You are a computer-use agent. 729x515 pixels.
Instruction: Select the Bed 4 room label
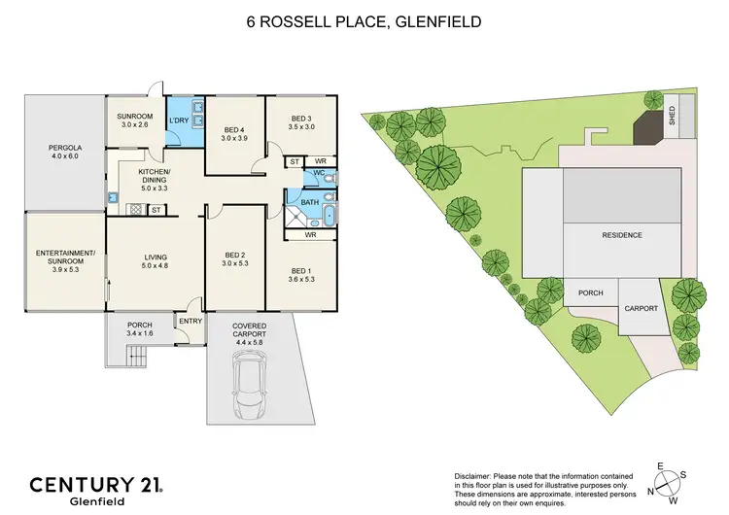(235, 134)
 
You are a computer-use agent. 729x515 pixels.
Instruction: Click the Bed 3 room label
(301, 120)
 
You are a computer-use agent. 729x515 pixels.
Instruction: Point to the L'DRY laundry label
(179, 121)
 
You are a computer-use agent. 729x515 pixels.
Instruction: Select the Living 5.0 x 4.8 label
(155, 259)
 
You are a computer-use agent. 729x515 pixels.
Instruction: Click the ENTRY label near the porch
(189, 320)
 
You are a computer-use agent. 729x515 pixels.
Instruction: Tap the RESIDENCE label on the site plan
(621, 235)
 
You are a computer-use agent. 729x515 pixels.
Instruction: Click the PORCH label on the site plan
(591, 292)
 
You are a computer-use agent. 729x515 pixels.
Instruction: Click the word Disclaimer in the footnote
(474, 474)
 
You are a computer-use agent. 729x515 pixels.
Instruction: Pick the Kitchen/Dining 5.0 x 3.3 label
(155, 179)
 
